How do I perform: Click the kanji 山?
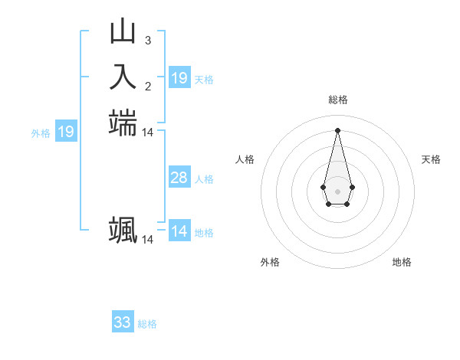tap(123, 32)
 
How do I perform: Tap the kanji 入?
tap(123, 77)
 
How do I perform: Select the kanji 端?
tap(123, 123)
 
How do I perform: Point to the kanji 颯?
tap(123, 230)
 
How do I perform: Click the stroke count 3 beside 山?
tap(147, 40)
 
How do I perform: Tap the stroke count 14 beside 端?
tap(147, 133)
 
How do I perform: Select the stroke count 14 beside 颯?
tap(147, 240)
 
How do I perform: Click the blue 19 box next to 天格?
tap(179, 78)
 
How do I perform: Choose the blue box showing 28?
tap(179, 178)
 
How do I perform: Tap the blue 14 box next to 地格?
tap(179, 232)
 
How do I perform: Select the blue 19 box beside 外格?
tap(66, 133)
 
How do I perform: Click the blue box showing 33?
tap(123, 322)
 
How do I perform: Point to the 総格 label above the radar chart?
tap(338, 100)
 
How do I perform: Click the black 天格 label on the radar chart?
tap(431, 159)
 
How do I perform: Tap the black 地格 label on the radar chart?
tap(402, 262)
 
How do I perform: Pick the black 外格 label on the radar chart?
tap(270, 262)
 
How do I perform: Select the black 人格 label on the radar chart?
tap(245, 159)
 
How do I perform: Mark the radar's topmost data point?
tap(337, 129)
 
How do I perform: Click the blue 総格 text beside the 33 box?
tap(148, 324)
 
